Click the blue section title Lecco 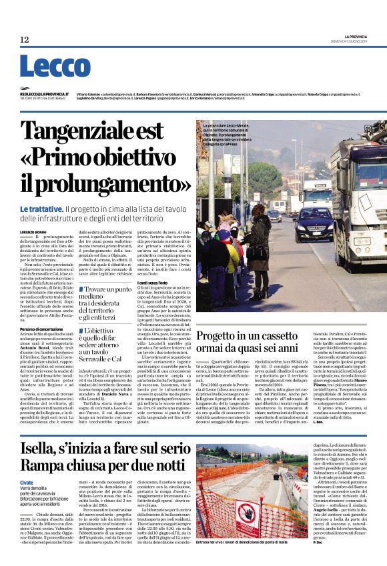point(45,67)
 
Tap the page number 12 point(25,40)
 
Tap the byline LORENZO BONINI point(33,231)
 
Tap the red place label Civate point(27,482)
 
